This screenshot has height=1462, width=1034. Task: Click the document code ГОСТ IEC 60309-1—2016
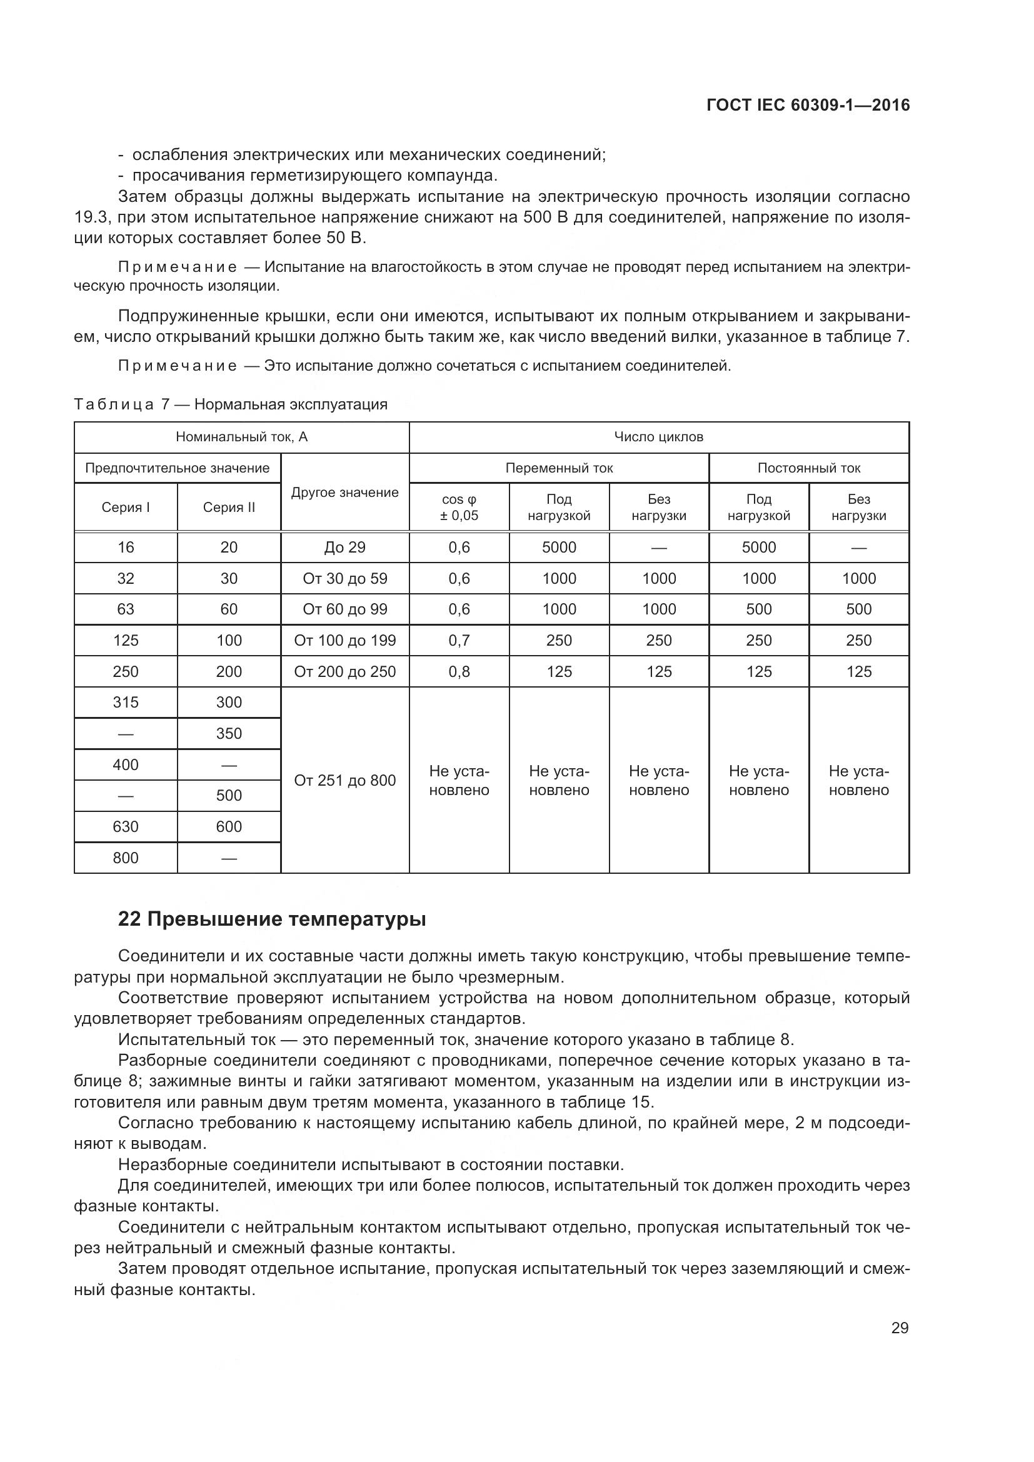(x=808, y=105)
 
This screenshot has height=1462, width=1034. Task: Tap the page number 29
(x=900, y=1328)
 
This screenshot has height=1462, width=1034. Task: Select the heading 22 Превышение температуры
(x=272, y=919)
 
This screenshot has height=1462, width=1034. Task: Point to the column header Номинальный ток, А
(x=241, y=437)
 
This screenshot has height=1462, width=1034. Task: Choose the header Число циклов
(x=658, y=437)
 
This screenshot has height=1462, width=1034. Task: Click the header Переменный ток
(x=558, y=468)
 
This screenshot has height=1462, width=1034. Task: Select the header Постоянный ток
(x=808, y=468)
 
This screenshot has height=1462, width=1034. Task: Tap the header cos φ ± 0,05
(x=458, y=508)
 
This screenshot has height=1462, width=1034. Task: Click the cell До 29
(x=344, y=548)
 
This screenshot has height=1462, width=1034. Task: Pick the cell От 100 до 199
(x=344, y=641)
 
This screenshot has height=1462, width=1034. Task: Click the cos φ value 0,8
(x=458, y=672)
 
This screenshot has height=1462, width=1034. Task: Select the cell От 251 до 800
(x=344, y=780)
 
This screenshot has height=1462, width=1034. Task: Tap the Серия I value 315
(x=126, y=703)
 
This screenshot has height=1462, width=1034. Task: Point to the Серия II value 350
(x=229, y=734)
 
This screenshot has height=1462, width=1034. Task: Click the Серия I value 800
(x=126, y=858)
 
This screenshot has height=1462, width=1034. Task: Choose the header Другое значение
(x=344, y=492)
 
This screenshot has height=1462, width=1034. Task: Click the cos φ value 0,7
(x=458, y=641)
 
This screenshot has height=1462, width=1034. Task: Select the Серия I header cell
(x=126, y=508)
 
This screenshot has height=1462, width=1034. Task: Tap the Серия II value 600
(x=229, y=826)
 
